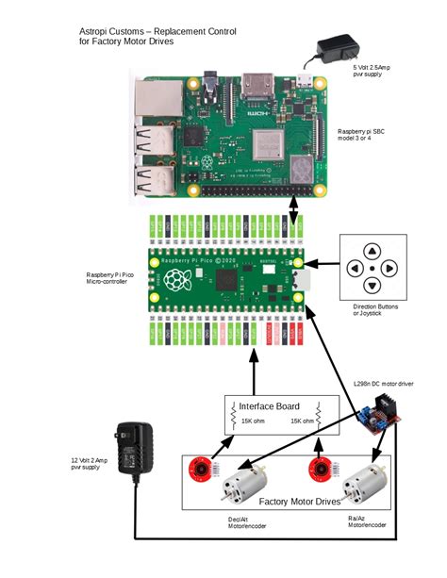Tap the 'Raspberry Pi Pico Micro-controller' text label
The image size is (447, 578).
pyautogui.click(x=111, y=281)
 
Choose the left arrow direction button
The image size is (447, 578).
pyautogui.click(x=355, y=269)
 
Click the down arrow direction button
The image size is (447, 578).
pyautogui.click(x=372, y=287)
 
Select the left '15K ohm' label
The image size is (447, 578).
pyautogui.click(x=253, y=421)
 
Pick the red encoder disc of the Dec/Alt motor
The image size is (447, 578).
pyautogui.click(x=201, y=469)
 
